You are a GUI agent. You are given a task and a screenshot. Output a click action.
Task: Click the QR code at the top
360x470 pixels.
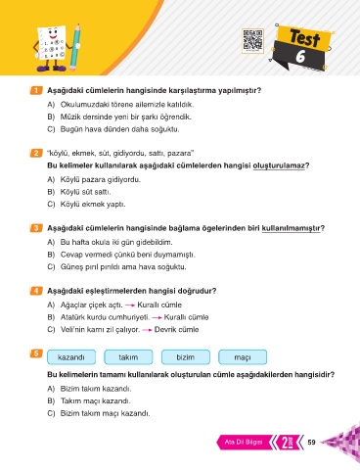click(252, 41)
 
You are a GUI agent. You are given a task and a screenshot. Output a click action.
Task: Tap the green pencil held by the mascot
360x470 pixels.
click(75, 47)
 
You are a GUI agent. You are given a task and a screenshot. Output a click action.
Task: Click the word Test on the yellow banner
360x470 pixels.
click(304, 38)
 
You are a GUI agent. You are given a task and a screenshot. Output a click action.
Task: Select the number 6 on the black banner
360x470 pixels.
click(300, 56)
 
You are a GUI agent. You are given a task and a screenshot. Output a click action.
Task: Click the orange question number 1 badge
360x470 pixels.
click(35, 90)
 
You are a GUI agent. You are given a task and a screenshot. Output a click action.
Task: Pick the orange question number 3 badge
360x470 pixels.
click(35, 228)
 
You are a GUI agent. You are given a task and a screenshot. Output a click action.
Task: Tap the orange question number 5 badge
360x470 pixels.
click(35, 353)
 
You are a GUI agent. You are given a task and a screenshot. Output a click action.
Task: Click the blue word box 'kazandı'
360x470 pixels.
click(71, 357)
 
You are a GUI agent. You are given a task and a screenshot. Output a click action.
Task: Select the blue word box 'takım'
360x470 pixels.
click(128, 357)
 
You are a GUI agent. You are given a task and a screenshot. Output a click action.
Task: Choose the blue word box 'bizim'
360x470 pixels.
click(186, 357)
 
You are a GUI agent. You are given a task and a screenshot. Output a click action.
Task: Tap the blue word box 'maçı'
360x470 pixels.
click(243, 357)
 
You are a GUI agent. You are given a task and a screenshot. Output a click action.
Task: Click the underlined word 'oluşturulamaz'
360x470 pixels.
click(279, 165)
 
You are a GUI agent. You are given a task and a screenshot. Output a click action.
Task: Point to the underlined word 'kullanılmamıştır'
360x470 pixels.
click(291, 228)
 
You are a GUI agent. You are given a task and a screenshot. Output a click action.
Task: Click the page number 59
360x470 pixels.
click(311, 442)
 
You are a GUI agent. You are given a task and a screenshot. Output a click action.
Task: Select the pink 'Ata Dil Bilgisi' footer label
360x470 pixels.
click(244, 443)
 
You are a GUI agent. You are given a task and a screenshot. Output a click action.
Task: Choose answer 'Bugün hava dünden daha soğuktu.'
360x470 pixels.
click(119, 129)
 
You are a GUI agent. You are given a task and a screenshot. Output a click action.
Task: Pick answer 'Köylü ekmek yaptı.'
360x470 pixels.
click(93, 205)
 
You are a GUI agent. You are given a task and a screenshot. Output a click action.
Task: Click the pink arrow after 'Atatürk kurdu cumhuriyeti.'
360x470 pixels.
click(157, 317)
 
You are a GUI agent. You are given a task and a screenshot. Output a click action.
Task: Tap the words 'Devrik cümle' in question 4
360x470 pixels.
click(176, 330)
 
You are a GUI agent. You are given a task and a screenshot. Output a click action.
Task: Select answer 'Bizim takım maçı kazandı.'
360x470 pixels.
click(105, 413)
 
